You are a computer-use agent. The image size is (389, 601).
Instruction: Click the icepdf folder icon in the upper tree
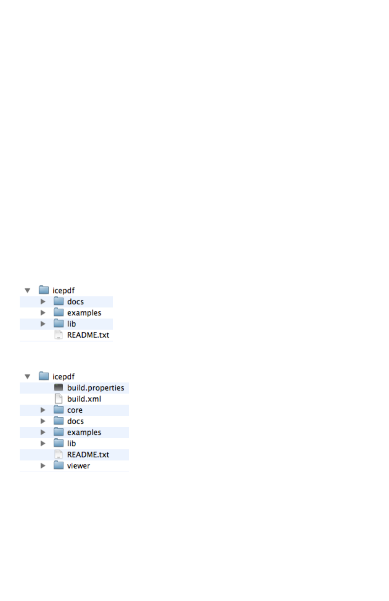click(44, 290)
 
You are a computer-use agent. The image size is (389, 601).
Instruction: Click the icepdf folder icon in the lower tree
click(44, 376)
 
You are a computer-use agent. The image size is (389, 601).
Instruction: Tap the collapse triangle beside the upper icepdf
click(27, 291)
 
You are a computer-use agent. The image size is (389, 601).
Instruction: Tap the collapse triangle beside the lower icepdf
click(27, 377)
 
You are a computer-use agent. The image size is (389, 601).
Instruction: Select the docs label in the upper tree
click(75, 302)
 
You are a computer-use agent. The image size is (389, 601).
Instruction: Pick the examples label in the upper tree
click(84, 313)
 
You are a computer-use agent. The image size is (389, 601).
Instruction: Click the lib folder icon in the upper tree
click(59, 324)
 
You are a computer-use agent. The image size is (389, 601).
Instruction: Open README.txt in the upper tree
click(88, 335)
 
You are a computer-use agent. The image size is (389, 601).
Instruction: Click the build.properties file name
click(95, 388)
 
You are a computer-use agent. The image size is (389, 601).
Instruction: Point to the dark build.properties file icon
click(59, 387)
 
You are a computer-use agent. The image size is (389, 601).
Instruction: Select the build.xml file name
click(84, 399)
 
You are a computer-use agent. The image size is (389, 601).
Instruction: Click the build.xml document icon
click(59, 398)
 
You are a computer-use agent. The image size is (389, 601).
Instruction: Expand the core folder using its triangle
click(43, 410)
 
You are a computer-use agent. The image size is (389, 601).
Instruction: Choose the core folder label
click(75, 410)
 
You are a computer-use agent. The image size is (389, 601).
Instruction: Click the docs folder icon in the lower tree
click(59, 421)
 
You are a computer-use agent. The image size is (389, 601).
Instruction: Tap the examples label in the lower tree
click(84, 433)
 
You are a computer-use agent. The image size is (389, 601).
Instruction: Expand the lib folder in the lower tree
click(43, 444)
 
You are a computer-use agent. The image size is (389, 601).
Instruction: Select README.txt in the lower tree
click(88, 455)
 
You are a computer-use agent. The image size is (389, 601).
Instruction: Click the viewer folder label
click(78, 466)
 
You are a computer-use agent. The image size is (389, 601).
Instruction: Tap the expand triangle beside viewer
click(43, 466)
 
